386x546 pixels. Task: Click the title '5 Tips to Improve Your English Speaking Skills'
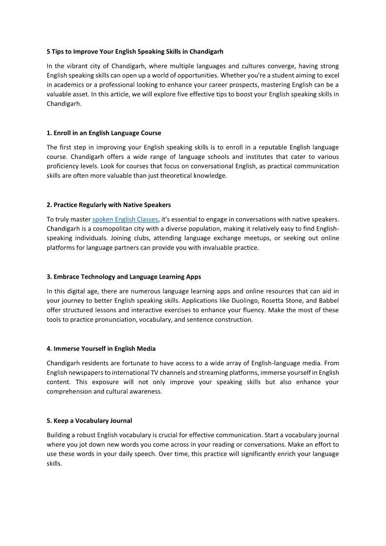click(135, 51)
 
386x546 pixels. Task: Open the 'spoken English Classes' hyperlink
click(125, 219)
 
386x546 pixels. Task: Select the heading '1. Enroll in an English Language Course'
click(104, 133)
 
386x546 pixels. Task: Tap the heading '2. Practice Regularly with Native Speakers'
click(108, 205)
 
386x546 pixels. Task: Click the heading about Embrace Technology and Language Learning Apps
click(123, 277)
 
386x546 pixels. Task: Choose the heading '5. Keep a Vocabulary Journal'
click(89, 421)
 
